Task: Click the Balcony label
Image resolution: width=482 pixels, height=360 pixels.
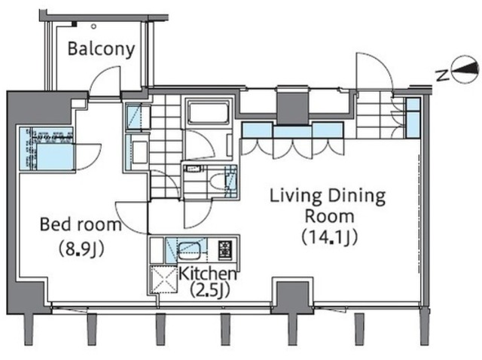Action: click(101, 49)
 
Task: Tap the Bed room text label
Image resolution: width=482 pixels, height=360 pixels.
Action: click(81, 224)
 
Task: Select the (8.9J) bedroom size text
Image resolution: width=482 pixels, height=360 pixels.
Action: click(81, 249)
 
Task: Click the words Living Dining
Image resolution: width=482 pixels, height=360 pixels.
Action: click(328, 196)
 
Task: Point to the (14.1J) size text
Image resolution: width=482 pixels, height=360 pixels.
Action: click(330, 237)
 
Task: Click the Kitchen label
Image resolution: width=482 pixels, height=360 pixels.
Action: click(208, 273)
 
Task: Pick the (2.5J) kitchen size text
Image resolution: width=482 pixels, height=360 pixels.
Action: click(210, 290)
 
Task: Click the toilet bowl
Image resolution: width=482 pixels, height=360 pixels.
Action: click(219, 182)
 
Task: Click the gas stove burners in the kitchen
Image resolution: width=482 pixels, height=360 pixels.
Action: click(225, 250)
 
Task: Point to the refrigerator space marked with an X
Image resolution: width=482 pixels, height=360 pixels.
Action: click(164, 279)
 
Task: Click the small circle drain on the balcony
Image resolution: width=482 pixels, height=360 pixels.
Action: click(93, 27)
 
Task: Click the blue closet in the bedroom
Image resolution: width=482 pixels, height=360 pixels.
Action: click(47, 149)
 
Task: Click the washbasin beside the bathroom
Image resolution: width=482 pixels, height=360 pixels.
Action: click(138, 152)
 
